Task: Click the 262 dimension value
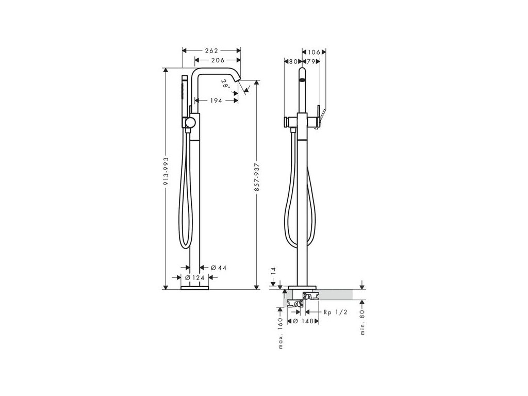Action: [211, 51]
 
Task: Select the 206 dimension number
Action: [218, 60]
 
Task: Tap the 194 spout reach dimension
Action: [216, 101]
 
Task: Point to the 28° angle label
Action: [226, 84]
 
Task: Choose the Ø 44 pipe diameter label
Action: [219, 268]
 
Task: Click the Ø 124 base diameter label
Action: [195, 277]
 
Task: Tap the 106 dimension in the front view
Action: [314, 52]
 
